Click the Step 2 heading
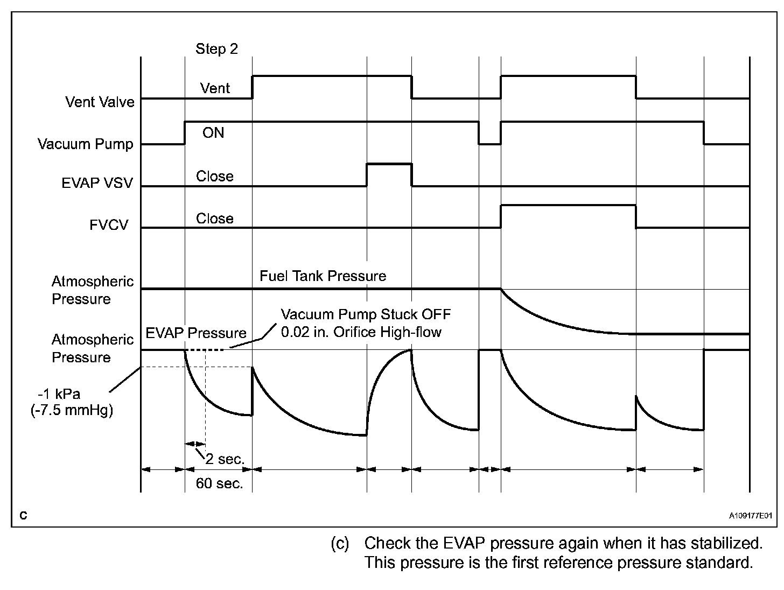click(x=216, y=49)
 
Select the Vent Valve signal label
click(x=100, y=102)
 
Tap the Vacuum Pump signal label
click(x=85, y=144)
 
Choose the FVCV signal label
click(x=109, y=224)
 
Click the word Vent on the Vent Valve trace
click(x=215, y=88)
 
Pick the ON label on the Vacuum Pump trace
click(x=213, y=132)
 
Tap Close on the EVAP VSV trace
click(x=214, y=176)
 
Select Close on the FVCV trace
click(x=214, y=219)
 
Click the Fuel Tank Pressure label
click(x=323, y=276)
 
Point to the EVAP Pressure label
click(x=196, y=333)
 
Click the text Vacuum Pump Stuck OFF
click(x=366, y=314)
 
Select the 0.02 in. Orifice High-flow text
click(x=361, y=332)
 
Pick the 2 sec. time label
click(x=225, y=459)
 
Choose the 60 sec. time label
click(x=219, y=483)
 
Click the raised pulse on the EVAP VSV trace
click(x=389, y=165)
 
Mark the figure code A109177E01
click(x=751, y=515)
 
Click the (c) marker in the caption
click(x=340, y=543)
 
